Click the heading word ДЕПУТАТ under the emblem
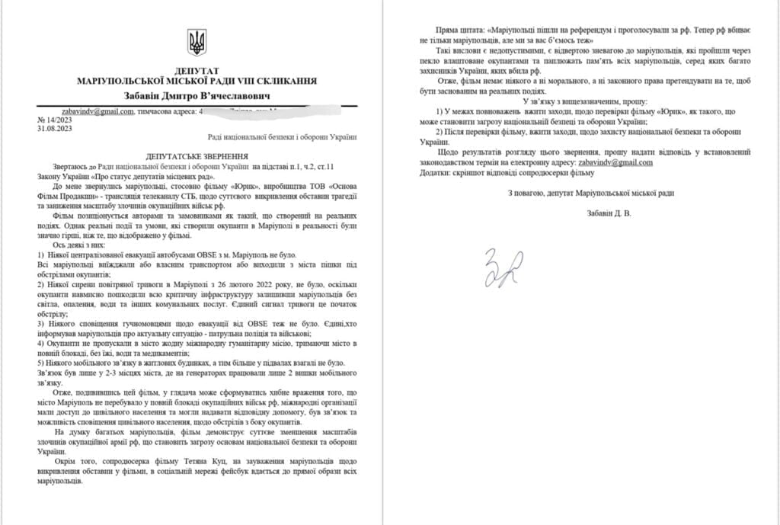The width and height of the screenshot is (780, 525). pyautogui.click(x=197, y=69)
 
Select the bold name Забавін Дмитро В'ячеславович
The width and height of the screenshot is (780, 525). pyautogui.click(x=197, y=95)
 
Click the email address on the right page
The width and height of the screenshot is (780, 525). pyautogui.click(x=616, y=162)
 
